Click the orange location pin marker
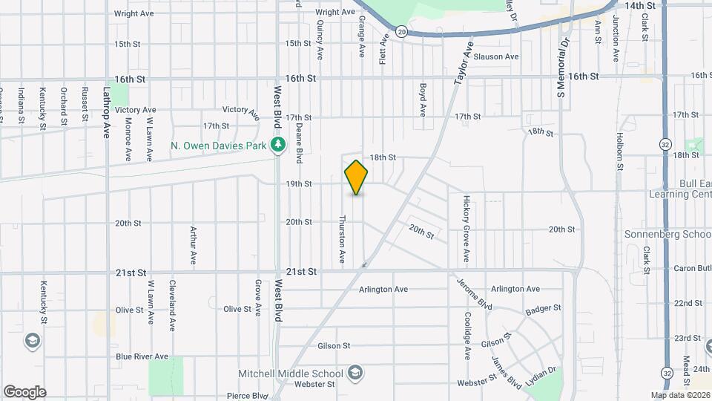point(357,177)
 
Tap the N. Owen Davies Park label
point(217,146)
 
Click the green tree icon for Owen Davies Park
point(279,145)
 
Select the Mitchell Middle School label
point(290,373)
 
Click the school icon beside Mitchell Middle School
point(355,372)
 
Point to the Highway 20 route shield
point(401,31)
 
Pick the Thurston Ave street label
point(343,239)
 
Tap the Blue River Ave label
point(142,356)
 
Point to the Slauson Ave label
point(495,56)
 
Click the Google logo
point(24,391)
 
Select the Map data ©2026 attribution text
point(681,394)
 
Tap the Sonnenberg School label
point(675,233)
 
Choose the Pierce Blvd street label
point(247,396)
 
